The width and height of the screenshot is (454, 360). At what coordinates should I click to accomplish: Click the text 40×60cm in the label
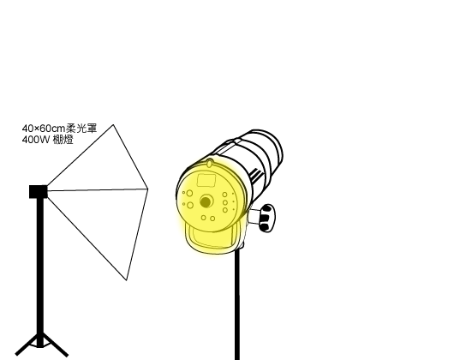(x=44, y=128)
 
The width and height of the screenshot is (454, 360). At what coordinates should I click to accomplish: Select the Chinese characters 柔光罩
(x=81, y=128)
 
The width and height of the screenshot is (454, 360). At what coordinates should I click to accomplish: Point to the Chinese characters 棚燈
(x=63, y=140)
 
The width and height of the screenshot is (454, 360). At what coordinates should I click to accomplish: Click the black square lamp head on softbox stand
(x=39, y=192)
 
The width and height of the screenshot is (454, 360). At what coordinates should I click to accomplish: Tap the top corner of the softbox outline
(x=113, y=125)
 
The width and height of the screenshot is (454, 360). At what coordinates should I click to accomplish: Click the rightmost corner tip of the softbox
(x=147, y=189)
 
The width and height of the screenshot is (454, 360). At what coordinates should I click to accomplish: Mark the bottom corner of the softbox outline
(x=126, y=279)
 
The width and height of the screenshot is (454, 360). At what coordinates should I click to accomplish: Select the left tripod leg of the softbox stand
(x=27, y=345)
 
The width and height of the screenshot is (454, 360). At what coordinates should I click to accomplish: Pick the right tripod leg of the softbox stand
(x=56, y=345)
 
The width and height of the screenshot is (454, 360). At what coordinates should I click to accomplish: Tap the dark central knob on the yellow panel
(x=206, y=202)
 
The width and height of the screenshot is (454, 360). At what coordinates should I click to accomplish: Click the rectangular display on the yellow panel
(x=206, y=180)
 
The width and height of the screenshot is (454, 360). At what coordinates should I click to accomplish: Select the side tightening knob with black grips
(x=266, y=218)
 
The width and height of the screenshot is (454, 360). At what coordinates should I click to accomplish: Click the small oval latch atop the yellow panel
(x=209, y=164)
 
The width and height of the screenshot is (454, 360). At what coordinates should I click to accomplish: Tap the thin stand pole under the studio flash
(x=237, y=304)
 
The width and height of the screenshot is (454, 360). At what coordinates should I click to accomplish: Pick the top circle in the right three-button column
(x=224, y=195)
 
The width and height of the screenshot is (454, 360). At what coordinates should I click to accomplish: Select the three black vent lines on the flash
(x=255, y=175)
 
